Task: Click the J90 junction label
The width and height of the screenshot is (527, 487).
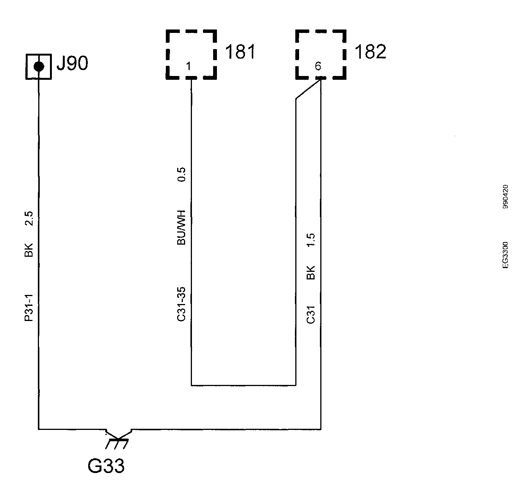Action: click(x=72, y=63)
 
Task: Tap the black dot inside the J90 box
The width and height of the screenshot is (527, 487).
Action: click(x=39, y=67)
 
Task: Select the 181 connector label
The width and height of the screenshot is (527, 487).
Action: click(x=240, y=52)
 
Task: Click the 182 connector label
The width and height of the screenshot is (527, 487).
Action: click(x=370, y=52)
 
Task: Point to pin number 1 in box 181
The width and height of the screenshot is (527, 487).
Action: click(x=189, y=66)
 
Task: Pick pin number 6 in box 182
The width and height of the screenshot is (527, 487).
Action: click(x=318, y=66)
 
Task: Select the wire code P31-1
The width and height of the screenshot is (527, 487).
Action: click(x=29, y=308)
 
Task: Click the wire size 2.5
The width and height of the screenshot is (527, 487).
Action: click(x=29, y=219)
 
